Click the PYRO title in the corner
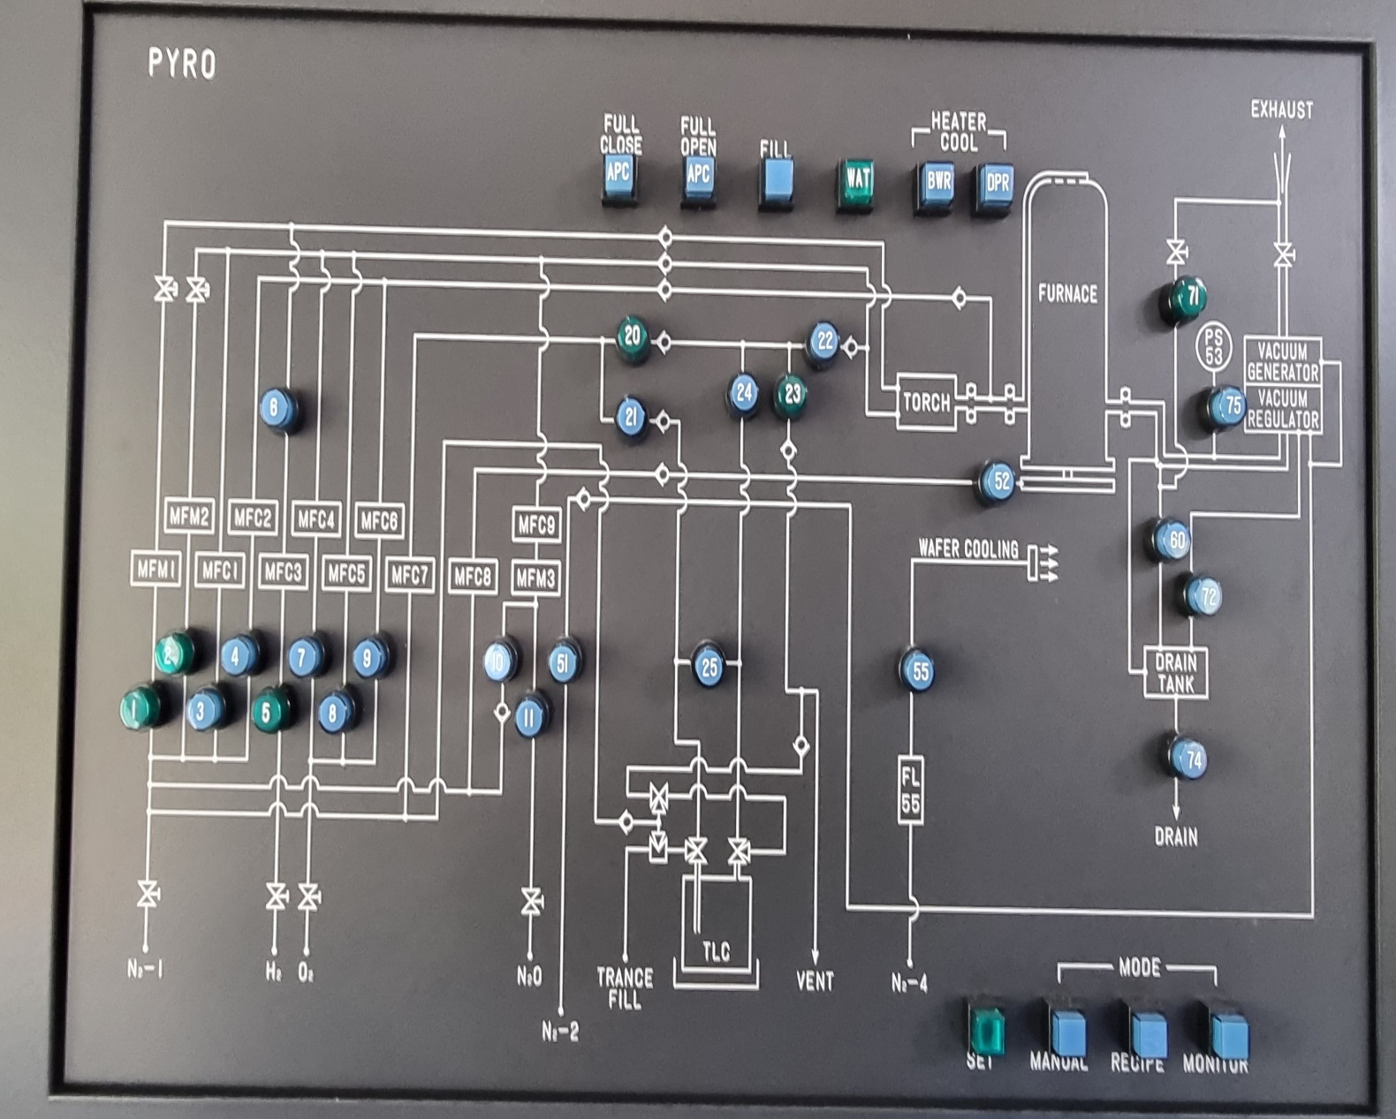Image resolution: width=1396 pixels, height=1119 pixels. pyautogui.click(x=181, y=64)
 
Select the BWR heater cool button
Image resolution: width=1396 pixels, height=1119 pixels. pyautogui.click(x=937, y=183)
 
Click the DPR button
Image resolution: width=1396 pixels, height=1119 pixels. pyautogui.click(x=997, y=184)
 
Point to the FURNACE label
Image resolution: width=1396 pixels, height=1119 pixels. pyautogui.click(x=1067, y=293)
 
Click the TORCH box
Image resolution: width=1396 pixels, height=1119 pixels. pyautogui.click(x=926, y=403)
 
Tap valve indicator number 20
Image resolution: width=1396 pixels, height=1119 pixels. pyautogui.click(x=633, y=336)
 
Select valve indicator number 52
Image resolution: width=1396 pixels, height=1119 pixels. pyautogui.click(x=1000, y=480)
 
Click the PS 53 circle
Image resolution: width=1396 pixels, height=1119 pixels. pyautogui.click(x=1214, y=346)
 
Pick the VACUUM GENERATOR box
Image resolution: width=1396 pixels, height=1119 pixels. pyautogui.click(x=1282, y=361)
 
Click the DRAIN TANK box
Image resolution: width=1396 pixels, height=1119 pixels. pyautogui.click(x=1175, y=673)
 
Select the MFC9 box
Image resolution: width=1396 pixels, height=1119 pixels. pyautogui.click(x=536, y=525)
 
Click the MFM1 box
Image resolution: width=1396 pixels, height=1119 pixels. pyautogui.click(x=156, y=571)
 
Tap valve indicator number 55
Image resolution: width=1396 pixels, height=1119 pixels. pyautogui.click(x=920, y=671)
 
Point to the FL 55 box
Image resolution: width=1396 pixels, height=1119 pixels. pyautogui.click(x=910, y=789)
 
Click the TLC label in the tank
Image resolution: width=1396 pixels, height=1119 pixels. pyautogui.click(x=717, y=950)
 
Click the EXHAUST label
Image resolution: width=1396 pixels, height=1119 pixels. pyautogui.click(x=1281, y=110)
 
